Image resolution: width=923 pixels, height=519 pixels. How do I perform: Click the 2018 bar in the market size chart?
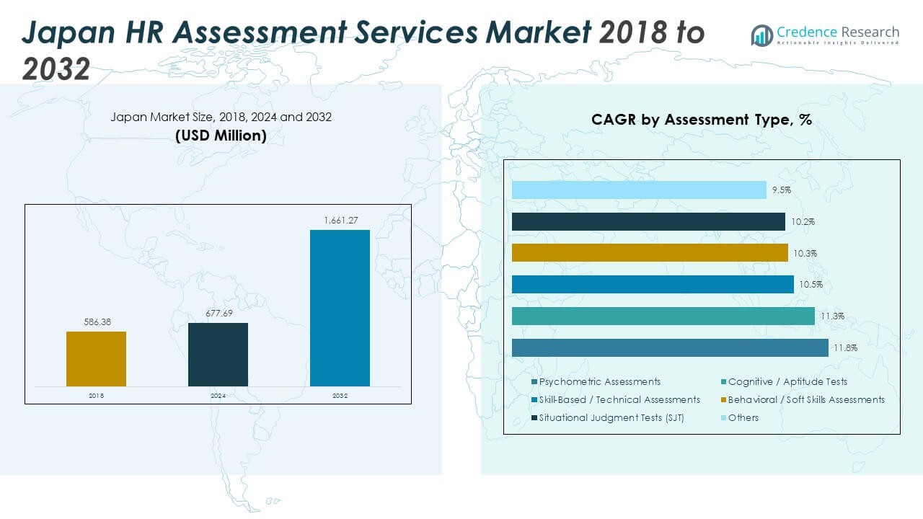point(96,358)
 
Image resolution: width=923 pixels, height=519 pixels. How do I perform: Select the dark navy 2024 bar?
point(218,354)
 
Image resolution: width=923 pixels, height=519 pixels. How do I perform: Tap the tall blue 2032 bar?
point(340,308)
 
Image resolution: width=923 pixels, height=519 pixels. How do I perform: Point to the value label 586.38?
point(96,322)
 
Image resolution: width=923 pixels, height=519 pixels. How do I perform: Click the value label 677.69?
point(218,314)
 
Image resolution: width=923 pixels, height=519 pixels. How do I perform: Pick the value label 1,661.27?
point(340,221)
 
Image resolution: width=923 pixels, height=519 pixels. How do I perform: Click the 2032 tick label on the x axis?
point(340,396)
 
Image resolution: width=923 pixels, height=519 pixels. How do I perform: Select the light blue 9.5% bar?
point(639,190)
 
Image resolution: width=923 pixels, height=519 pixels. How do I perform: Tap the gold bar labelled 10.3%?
point(650,253)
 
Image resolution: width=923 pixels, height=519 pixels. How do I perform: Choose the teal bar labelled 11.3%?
point(663,316)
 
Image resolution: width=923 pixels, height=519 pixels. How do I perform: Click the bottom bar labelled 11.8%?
point(670,347)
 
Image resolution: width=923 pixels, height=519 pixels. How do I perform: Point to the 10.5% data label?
point(810,285)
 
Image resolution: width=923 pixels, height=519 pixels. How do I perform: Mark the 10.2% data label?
point(803,222)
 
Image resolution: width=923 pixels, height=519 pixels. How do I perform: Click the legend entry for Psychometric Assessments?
point(599,381)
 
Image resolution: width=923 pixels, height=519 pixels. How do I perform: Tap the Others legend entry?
point(743,417)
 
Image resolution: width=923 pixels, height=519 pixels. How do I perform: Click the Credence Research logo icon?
point(761,35)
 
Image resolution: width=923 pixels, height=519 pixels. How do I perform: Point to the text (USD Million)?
point(221,136)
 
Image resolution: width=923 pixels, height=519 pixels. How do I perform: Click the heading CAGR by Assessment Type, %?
point(702,120)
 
